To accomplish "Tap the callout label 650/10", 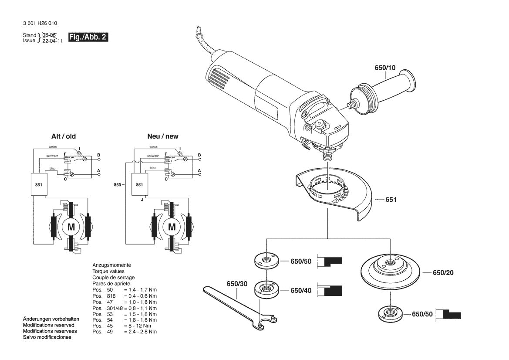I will point(385,68).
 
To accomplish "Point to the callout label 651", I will point(391,200).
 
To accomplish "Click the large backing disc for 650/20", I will point(390,269).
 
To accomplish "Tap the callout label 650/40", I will point(301,291).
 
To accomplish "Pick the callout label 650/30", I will point(237,284).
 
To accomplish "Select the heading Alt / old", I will point(64,136).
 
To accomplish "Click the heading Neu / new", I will point(162,136).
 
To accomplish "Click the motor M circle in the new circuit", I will point(172,227).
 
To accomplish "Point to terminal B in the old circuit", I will point(99,155).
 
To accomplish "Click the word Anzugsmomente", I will point(111,265).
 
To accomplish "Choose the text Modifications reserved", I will point(48,325).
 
